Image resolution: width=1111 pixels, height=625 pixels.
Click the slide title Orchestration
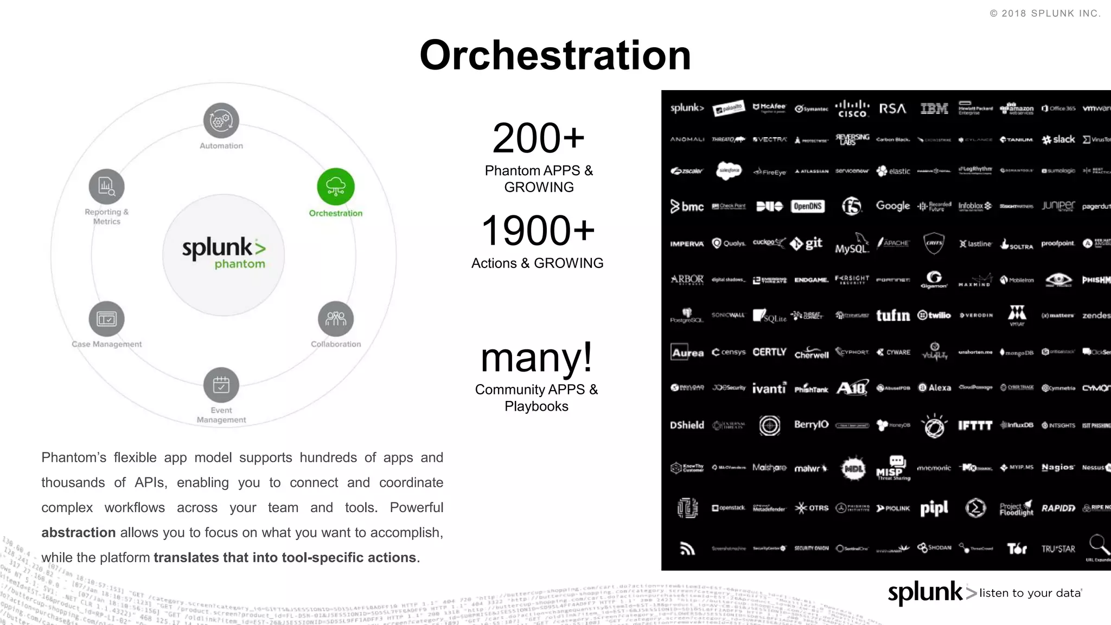click(555, 55)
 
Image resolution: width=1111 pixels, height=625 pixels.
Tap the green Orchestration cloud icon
click(336, 187)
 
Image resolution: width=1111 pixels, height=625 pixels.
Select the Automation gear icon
click(221, 120)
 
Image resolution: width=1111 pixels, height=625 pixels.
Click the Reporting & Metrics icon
click(107, 187)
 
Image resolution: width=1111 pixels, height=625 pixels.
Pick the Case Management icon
click(107, 319)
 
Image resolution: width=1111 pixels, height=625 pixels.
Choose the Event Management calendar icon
click(221, 385)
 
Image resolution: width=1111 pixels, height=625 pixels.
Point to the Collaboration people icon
click(336, 319)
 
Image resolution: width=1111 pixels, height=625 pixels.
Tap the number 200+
click(538, 138)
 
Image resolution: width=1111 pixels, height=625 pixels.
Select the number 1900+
click(538, 231)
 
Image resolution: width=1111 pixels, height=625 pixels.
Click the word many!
click(537, 358)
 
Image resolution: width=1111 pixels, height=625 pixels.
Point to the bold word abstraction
click(78, 533)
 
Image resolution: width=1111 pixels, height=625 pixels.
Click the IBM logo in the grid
click(934, 109)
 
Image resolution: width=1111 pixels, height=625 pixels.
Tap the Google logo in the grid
click(893, 206)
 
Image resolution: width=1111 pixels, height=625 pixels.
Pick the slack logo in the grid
click(1058, 139)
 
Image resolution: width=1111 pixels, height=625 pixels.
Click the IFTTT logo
click(975, 425)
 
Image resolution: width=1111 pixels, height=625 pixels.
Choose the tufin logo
click(893, 315)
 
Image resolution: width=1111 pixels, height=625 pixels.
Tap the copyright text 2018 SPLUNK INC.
click(1045, 14)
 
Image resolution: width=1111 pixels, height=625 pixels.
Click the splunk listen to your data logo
click(985, 592)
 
